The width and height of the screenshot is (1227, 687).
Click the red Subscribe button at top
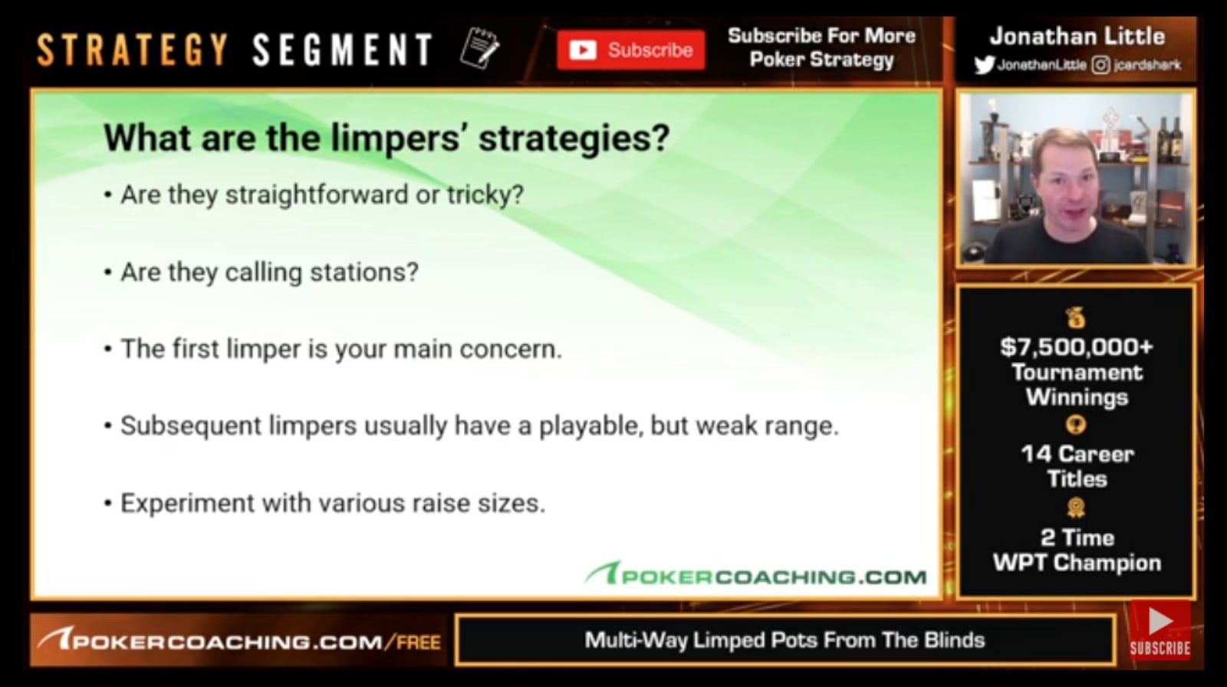point(630,50)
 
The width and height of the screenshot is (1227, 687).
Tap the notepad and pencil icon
point(479,48)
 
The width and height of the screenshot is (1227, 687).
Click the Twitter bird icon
point(984,65)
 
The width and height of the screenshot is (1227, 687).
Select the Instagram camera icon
point(1100,65)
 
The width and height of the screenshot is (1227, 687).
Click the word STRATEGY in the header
point(132,50)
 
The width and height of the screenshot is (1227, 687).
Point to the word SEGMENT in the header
point(343,50)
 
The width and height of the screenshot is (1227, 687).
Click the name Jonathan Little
point(1077,37)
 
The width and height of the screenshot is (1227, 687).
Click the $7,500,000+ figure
point(1077,347)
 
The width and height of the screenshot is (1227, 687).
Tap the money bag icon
point(1076,318)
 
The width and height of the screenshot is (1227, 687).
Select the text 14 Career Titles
point(1077,466)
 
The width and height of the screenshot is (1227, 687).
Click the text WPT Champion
point(1077,563)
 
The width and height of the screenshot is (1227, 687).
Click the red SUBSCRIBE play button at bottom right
point(1160,630)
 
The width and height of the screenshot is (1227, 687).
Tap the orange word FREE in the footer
point(419,642)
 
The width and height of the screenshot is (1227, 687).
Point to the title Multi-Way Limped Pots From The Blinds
point(785,640)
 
